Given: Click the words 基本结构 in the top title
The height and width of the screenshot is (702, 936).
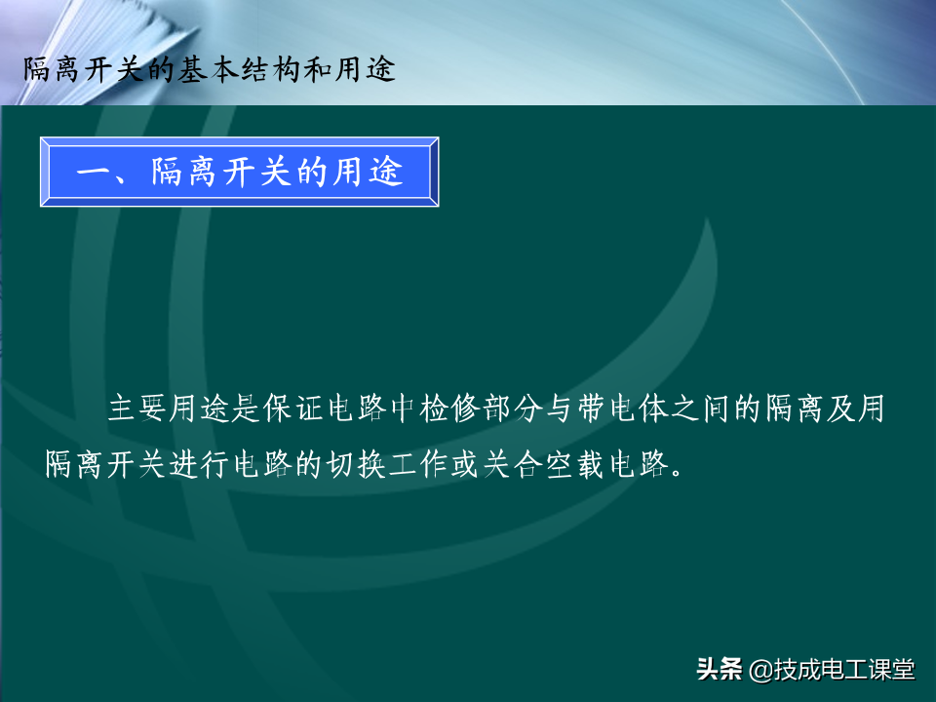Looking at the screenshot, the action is (x=240, y=69).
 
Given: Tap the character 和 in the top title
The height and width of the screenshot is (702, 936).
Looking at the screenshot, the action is (x=318, y=69).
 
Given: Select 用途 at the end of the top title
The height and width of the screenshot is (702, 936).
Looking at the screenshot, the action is (x=365, y=69).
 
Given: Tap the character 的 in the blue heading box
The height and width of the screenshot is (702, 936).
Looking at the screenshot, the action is (x=312, y=172).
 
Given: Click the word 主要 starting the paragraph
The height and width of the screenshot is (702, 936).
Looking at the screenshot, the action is (x=137, y=409).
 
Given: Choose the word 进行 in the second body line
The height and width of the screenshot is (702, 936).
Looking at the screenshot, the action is (x=199, y=464).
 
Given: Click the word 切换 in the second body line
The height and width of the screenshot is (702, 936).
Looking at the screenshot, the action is (x=355, y=464).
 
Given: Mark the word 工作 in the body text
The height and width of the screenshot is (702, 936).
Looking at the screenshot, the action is (x=418, y=464).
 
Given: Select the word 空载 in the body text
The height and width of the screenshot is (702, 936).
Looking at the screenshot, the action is (x=574, y=464).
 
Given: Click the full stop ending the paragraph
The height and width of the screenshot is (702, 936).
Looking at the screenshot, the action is (x=677, y=473).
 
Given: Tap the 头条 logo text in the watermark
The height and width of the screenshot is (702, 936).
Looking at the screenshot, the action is (x=720, y=669).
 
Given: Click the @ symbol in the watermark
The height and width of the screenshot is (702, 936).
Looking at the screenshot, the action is (x=760, y=670).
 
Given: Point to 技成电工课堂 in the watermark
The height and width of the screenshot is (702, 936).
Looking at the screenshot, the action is (x=844, y=669).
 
